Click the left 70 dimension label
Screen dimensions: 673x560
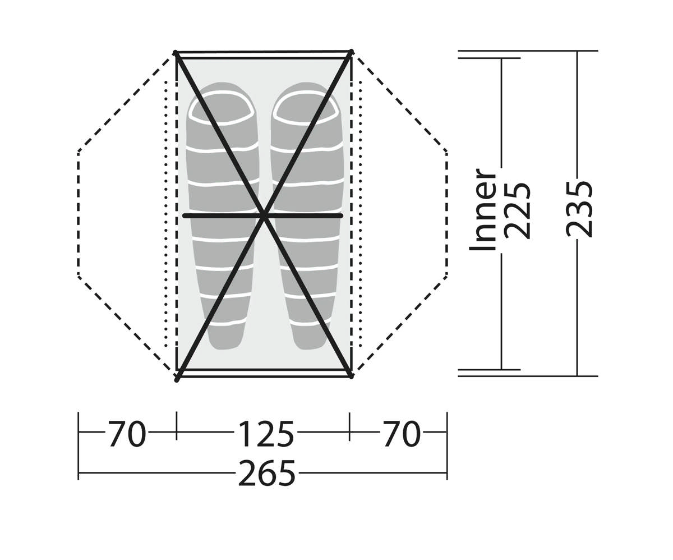point(127,434)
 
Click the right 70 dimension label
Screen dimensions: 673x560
point(402,434)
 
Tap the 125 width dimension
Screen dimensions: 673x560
point(266,434)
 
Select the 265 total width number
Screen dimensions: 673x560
point(266,473)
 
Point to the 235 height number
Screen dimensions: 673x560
point(579,209)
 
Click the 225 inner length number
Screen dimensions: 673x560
point(517,212)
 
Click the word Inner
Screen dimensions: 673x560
point(482,209)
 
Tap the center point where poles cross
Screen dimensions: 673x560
point(264,217)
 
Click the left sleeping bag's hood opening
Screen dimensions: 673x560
point(221,108)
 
